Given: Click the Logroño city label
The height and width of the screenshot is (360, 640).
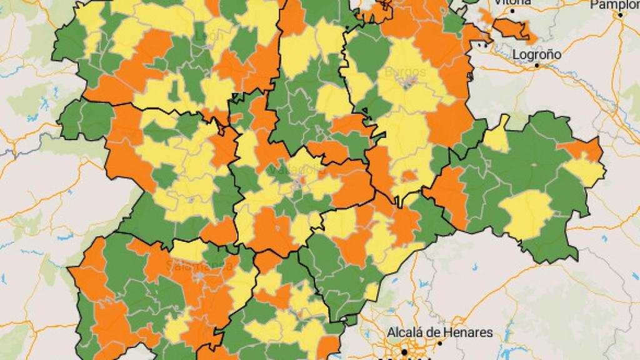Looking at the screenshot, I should pyautogui.click(x=536, y=54).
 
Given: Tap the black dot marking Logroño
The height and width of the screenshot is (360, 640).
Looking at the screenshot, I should pyautogui.click(x=537, y=65).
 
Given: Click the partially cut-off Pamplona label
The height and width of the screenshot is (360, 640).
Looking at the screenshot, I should pyautogui.click(x=615, y=4).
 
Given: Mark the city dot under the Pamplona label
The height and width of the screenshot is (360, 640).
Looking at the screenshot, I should pyautogui.click(x=619, y=15).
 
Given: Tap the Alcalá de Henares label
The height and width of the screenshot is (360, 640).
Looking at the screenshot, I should pyautogui.click(x=440, y=332).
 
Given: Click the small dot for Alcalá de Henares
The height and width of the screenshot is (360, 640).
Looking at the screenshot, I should pyautogui.click(x=439, y=342).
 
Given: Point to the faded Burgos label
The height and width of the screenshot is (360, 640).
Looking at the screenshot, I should pyautogui.click(x=405, y=72).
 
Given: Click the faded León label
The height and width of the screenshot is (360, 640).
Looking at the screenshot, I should pyautogui.click(x=209, y=36).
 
